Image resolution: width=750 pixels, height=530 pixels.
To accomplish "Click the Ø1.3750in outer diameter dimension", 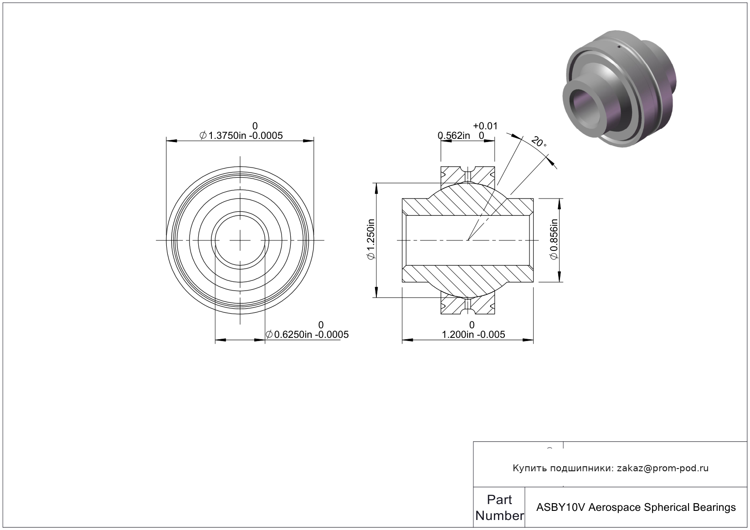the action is tap(241, 136).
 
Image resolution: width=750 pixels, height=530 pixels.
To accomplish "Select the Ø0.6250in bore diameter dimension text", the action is tap(307, 334).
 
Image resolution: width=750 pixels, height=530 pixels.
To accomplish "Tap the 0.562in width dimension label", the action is tap(454, 136).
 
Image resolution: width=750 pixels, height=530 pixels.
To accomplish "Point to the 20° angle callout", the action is tap(539, 142).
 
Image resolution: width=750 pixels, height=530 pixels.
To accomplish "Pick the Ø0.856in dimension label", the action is tap(554, 239).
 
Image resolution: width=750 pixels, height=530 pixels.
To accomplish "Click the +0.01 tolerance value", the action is tap(485, 126).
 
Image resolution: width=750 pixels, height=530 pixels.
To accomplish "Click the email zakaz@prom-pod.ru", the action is tap(663, 468).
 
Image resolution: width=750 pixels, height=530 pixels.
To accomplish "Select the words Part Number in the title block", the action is tap(499, 508).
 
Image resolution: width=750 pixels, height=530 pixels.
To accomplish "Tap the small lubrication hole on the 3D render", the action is tap(619, 47).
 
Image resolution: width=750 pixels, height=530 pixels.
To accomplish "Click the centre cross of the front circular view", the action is tap(240, 240).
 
